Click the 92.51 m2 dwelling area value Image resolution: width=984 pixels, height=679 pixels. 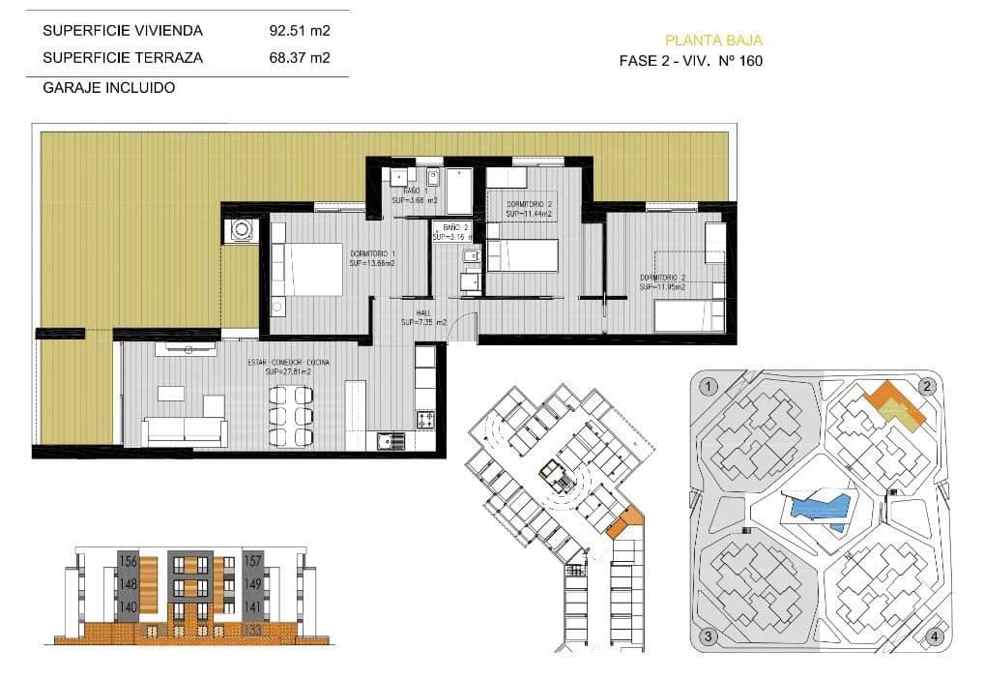pyautogui.click(x=299, y=30)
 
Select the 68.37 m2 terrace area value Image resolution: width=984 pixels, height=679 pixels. pyautogui.click(x=299, y=58)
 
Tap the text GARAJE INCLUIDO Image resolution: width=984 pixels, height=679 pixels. pyautogui.click(x=109, y=87)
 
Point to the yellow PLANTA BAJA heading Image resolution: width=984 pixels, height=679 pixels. pyautogui.click(x=713, y=41)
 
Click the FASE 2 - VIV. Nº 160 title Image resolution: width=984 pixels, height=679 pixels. pyautogui.click(x=692, y=61)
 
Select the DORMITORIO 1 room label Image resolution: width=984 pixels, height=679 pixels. pyautogui.click(x=372, y=253)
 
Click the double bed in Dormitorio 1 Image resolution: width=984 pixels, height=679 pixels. pyautogui.click(x=308, y=268)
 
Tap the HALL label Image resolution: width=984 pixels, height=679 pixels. pyautogui.click(x=422, y=312)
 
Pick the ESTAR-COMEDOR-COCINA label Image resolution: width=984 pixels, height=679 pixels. pyautogui.click(x=288, y=363)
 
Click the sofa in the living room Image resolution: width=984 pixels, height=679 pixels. pyautogui.click(x=185, y=431)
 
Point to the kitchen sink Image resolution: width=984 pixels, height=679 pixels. pyautogui.click(x=391, y=441)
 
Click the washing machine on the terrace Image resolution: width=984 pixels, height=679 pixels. pyautogui.click(x=241, y=230)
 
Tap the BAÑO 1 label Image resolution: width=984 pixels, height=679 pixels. pyautogui.click(x=418, y=192)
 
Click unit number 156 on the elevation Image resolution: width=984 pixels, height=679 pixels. pyautogui.click(x=128, y=561)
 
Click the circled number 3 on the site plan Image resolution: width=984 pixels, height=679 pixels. pyautogui.click(x=709, y=636)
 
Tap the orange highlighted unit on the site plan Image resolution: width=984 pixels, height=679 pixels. pyautogui.click(x=893, y=401)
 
